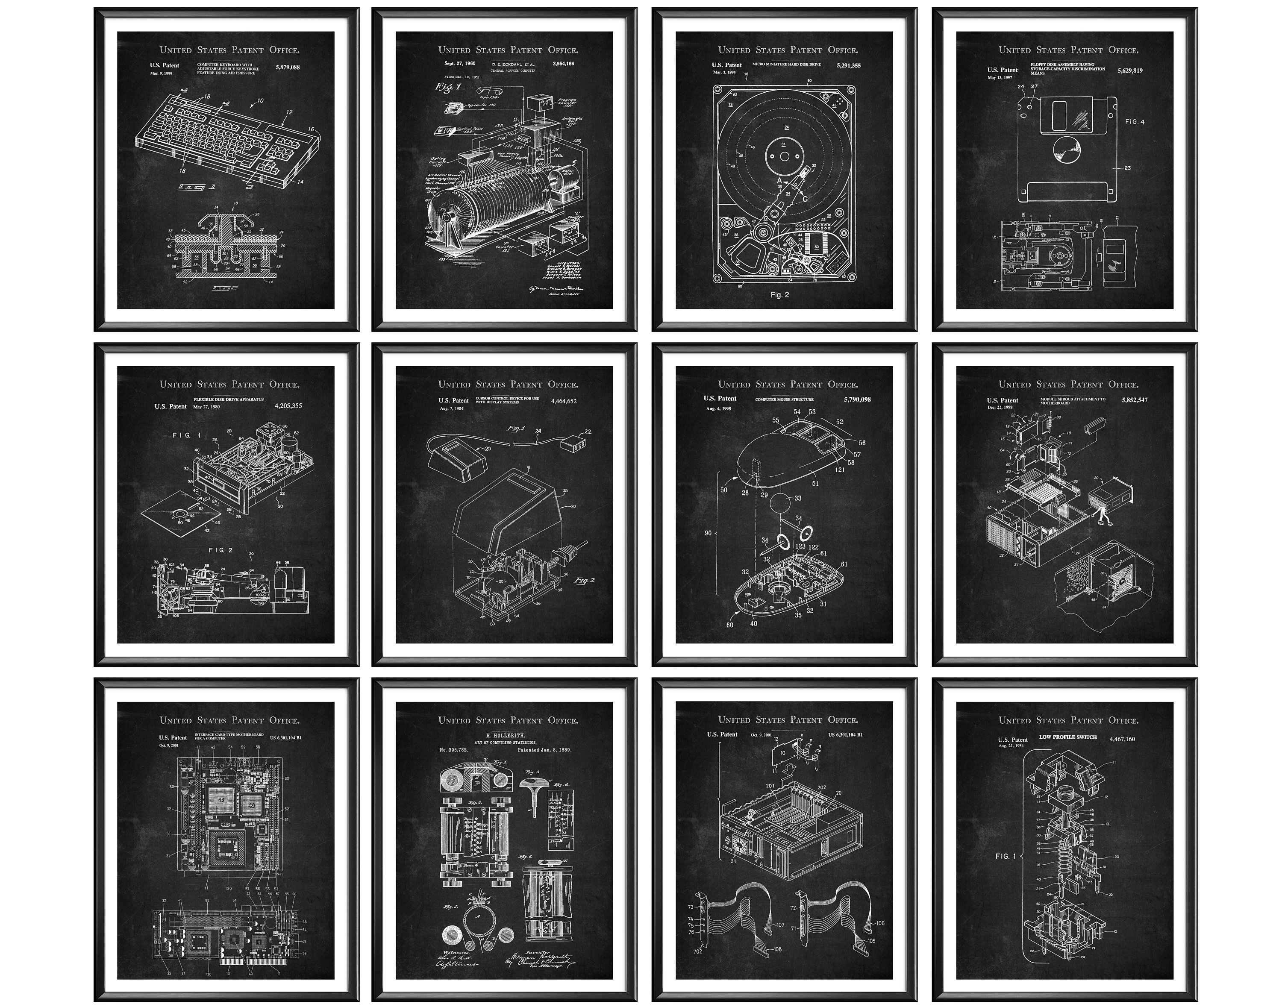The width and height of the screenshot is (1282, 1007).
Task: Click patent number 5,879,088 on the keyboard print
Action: click(x=287, y=68)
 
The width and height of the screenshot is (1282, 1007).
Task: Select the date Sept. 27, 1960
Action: click(x=459, y=64)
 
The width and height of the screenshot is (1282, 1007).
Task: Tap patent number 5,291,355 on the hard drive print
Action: click(x=847, y=65)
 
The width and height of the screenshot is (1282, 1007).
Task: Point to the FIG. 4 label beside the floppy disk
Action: click(x=1135, y=122)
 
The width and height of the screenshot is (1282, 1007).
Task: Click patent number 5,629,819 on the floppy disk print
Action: click(x=1129, y=71)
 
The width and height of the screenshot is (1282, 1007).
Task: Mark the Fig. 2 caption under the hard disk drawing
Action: click(x=779, y=295)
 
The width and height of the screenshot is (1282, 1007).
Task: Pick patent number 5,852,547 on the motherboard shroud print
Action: click(x=1135, y=400)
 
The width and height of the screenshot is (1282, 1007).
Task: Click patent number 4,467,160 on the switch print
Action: click(x=1122, y=739)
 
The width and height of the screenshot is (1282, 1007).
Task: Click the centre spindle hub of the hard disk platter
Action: click(x=784, y=157)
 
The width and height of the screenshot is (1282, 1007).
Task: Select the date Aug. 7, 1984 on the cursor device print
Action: click(x=451, y=408)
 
